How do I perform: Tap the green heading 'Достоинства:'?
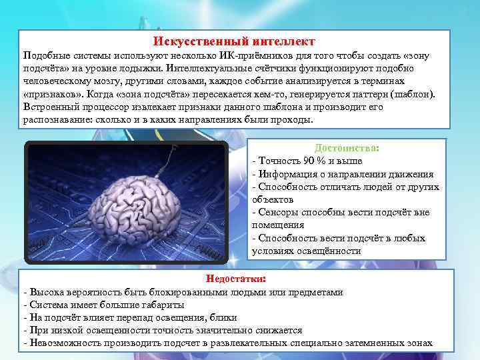click(x=347, y=147)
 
